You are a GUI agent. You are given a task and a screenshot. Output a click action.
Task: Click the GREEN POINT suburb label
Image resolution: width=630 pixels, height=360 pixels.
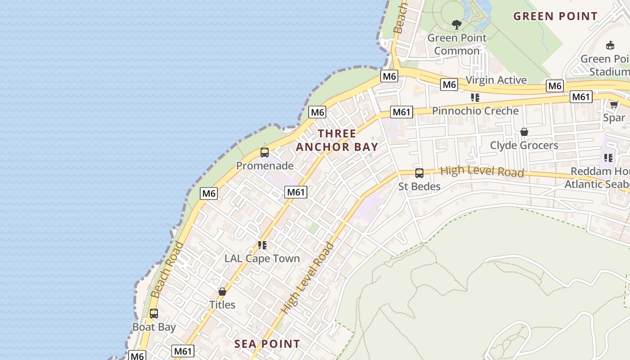[x=555, y=16]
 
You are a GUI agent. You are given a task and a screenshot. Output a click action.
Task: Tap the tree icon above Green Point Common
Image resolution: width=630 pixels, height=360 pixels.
[x=457, y=24]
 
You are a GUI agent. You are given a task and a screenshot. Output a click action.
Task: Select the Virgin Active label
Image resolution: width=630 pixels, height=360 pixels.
[x=496, y=80]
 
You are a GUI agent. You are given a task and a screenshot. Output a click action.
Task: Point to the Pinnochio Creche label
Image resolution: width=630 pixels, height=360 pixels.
[x=475, y=111]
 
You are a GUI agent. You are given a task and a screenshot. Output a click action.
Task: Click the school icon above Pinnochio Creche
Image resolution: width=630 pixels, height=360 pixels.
[x=475, y=97]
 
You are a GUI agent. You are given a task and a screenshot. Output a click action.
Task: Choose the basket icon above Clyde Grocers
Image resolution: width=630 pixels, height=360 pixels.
[x=524, y=132]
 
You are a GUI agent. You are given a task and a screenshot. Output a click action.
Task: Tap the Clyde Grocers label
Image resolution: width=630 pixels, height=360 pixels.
[x=524, y=145]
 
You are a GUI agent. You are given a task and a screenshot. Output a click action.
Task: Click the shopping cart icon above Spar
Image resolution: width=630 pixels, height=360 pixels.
[x=613, y=104]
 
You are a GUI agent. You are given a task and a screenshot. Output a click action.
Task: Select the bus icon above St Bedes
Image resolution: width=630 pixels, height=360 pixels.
[x=419, y=173]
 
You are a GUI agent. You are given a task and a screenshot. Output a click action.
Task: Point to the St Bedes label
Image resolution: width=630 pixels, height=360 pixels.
[x=419, y=186]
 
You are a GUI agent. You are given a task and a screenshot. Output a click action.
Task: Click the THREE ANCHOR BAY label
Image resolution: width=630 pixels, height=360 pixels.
[x=337, y=140]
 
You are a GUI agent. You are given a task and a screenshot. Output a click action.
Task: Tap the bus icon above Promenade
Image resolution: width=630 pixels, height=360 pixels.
[x=265, y=153]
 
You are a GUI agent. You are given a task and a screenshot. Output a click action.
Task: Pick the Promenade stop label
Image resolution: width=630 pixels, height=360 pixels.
[x=265, y=166]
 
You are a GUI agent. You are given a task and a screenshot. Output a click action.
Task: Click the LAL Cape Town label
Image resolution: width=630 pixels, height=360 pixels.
[x=262, y=258]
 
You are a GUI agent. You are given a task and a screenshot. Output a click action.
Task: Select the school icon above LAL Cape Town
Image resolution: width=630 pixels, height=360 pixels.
[x=262, y=245]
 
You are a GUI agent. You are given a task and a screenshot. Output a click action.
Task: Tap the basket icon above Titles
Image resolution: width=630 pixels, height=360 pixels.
[x=222, y=292]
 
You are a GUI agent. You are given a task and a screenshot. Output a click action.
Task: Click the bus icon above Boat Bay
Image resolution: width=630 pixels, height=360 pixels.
[x=154, y=313]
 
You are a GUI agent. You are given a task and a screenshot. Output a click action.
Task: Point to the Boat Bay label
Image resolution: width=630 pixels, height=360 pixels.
[x=154, y=327]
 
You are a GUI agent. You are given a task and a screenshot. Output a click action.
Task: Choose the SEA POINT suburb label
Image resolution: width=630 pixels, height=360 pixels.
[x=267, y=344]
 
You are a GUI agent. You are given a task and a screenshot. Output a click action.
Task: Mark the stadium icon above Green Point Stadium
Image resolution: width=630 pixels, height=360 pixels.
[x=610, y=45]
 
